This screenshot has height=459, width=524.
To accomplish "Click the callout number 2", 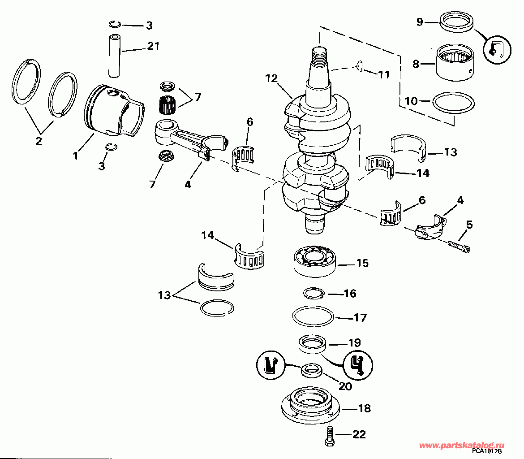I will tap(39, 141).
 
